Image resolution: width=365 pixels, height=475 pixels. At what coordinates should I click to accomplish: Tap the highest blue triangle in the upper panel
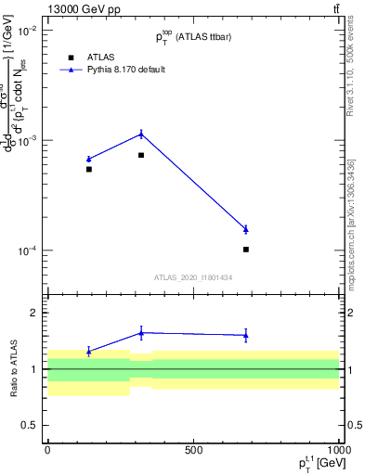click(141, 134)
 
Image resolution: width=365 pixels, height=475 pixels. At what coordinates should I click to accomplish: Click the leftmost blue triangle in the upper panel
click(89, 159)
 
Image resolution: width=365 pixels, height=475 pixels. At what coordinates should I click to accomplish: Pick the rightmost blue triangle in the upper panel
click(246, 229)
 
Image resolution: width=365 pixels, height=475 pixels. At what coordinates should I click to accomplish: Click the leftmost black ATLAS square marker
click(89, 169)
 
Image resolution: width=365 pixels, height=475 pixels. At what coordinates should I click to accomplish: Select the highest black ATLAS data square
click(141, 155)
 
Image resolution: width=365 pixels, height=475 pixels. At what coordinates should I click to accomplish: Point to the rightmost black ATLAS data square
click(246, 250)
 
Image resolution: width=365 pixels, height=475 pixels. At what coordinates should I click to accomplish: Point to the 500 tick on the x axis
click(193, 449)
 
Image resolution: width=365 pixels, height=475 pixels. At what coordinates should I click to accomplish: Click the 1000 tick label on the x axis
click(337, 449)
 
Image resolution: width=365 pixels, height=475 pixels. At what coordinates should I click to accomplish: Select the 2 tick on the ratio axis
click(33, 314)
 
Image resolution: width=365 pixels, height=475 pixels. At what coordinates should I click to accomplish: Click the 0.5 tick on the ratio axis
click(30, 425)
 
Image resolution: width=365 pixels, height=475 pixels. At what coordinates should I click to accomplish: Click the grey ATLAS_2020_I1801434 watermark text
click(193, 277)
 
